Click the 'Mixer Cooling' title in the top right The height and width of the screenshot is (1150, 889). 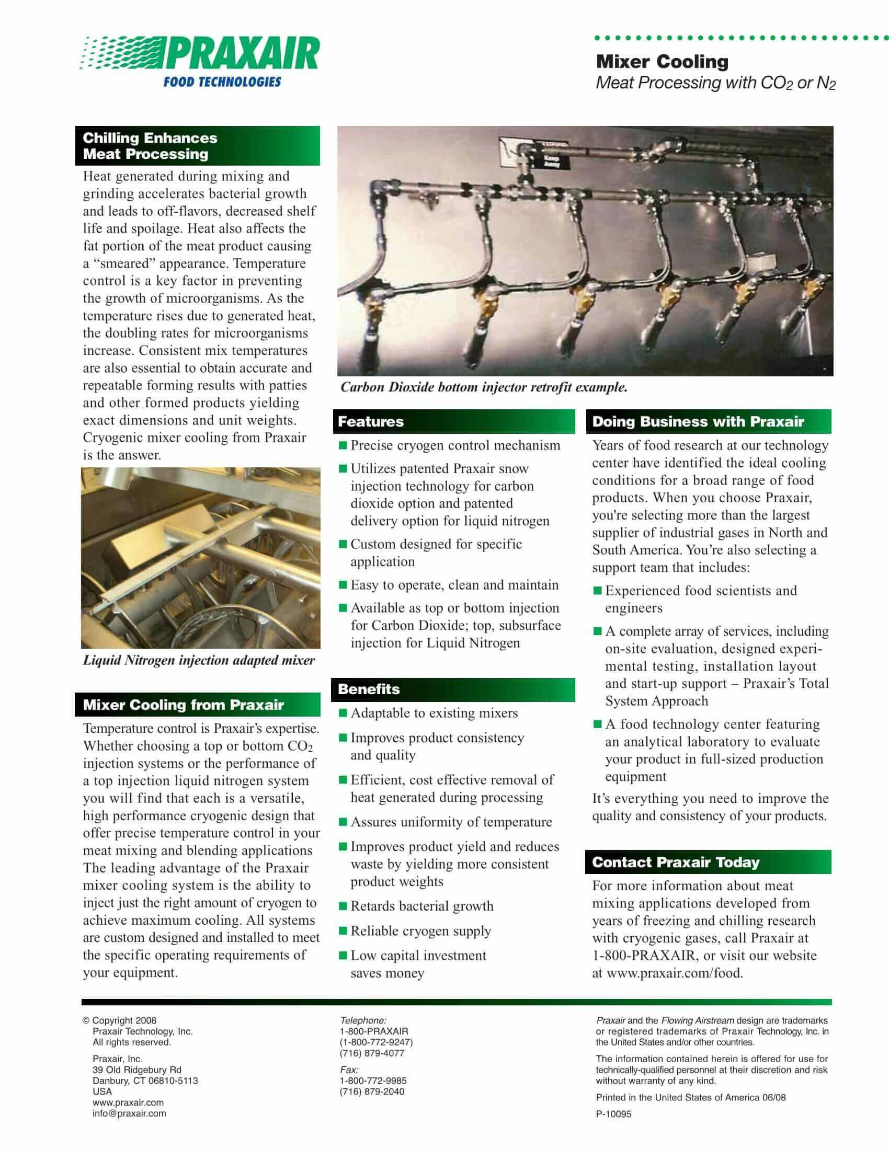[662, 62]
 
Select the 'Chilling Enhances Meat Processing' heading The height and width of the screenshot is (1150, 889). [150, 146]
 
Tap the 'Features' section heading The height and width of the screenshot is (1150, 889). [371, 421]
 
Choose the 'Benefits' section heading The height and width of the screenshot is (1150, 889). [369, 689]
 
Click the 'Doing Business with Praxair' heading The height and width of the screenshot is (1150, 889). [698, 421]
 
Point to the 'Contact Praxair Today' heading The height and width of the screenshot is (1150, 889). [676, 862]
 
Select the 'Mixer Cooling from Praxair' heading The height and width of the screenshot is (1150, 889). [183, 705]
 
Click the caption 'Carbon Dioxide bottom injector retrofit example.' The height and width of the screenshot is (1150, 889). [484, 387]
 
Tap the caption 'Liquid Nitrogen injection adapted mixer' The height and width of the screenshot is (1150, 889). [199, 660]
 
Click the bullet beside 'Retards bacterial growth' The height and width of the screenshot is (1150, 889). [344, 906]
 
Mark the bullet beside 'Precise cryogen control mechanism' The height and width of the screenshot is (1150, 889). [344, 445]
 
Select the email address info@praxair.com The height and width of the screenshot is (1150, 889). [129, 1113]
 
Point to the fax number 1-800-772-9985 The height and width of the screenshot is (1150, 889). [373, 1080]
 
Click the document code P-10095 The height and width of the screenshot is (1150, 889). [613, 1113]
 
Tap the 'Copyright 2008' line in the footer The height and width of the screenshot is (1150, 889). [124, 1020]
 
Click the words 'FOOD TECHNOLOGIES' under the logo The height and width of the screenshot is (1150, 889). [222, 82]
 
